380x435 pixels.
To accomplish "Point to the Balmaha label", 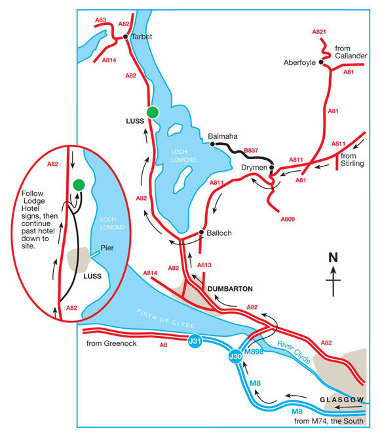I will (221, 136).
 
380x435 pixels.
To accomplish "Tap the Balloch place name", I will (219, 233).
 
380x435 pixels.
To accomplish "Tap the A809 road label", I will (288, 218).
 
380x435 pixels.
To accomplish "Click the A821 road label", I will (318, 32).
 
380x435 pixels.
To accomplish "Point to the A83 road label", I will (100, 20).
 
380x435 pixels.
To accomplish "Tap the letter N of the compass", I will (334, 257).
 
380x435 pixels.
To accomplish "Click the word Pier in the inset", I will (107, 248).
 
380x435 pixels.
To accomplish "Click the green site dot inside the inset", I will (78, 185).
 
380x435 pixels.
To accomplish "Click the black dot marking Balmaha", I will (212, 144).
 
